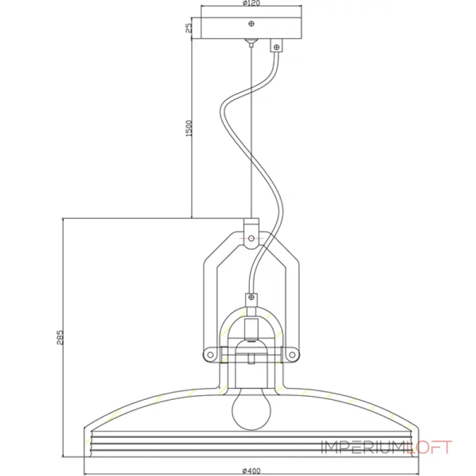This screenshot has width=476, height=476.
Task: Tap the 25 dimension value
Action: point(189,28)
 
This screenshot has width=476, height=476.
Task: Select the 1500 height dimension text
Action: point(189,129)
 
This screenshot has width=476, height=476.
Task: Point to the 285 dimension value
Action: point(59,337)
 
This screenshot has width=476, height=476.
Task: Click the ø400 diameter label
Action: point(251,471)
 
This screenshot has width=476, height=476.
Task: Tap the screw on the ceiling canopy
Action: point(252,24)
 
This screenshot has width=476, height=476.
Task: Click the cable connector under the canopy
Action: point(275,45)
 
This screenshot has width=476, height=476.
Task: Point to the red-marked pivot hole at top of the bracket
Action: point(251,238)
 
